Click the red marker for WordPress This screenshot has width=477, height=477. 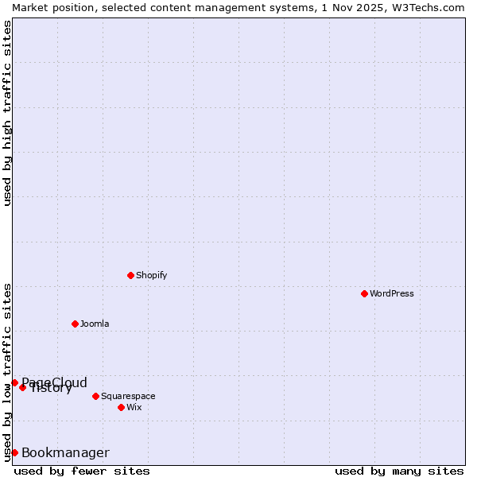[364, 293]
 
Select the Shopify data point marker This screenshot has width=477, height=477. [130, 275]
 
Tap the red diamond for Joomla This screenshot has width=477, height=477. [75, 324]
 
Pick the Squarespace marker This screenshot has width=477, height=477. [95, 396]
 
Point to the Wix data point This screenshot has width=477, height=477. [121, 407]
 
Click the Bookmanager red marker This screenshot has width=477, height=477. [14, 452]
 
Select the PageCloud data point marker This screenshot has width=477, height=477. [14, 382]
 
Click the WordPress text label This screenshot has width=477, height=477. [392, 293]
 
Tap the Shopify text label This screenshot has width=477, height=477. [151, 275]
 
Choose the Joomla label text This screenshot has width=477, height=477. [95, 324]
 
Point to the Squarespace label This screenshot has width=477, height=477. [128, 396]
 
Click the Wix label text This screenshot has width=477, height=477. [134, 407]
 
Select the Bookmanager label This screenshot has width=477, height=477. [65, 453]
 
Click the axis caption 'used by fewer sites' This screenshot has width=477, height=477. [82, 471]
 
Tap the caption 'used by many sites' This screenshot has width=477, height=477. [399, 471]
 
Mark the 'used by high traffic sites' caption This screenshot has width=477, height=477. [7, 113]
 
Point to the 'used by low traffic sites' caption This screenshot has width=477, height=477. [7, 371]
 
